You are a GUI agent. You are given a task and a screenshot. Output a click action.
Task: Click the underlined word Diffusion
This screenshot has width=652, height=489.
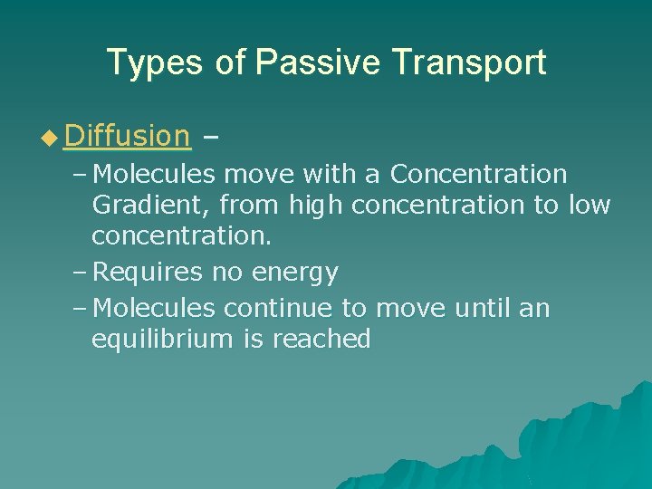coord(128,136)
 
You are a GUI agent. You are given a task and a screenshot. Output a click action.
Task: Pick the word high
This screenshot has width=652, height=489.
coord(316,206)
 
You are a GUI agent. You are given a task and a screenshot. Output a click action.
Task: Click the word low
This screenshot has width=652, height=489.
coord(590,206)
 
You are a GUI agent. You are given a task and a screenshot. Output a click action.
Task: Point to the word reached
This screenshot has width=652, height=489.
coord(321,340)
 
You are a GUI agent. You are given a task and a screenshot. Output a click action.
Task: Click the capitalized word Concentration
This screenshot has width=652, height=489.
coord(478,173)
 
